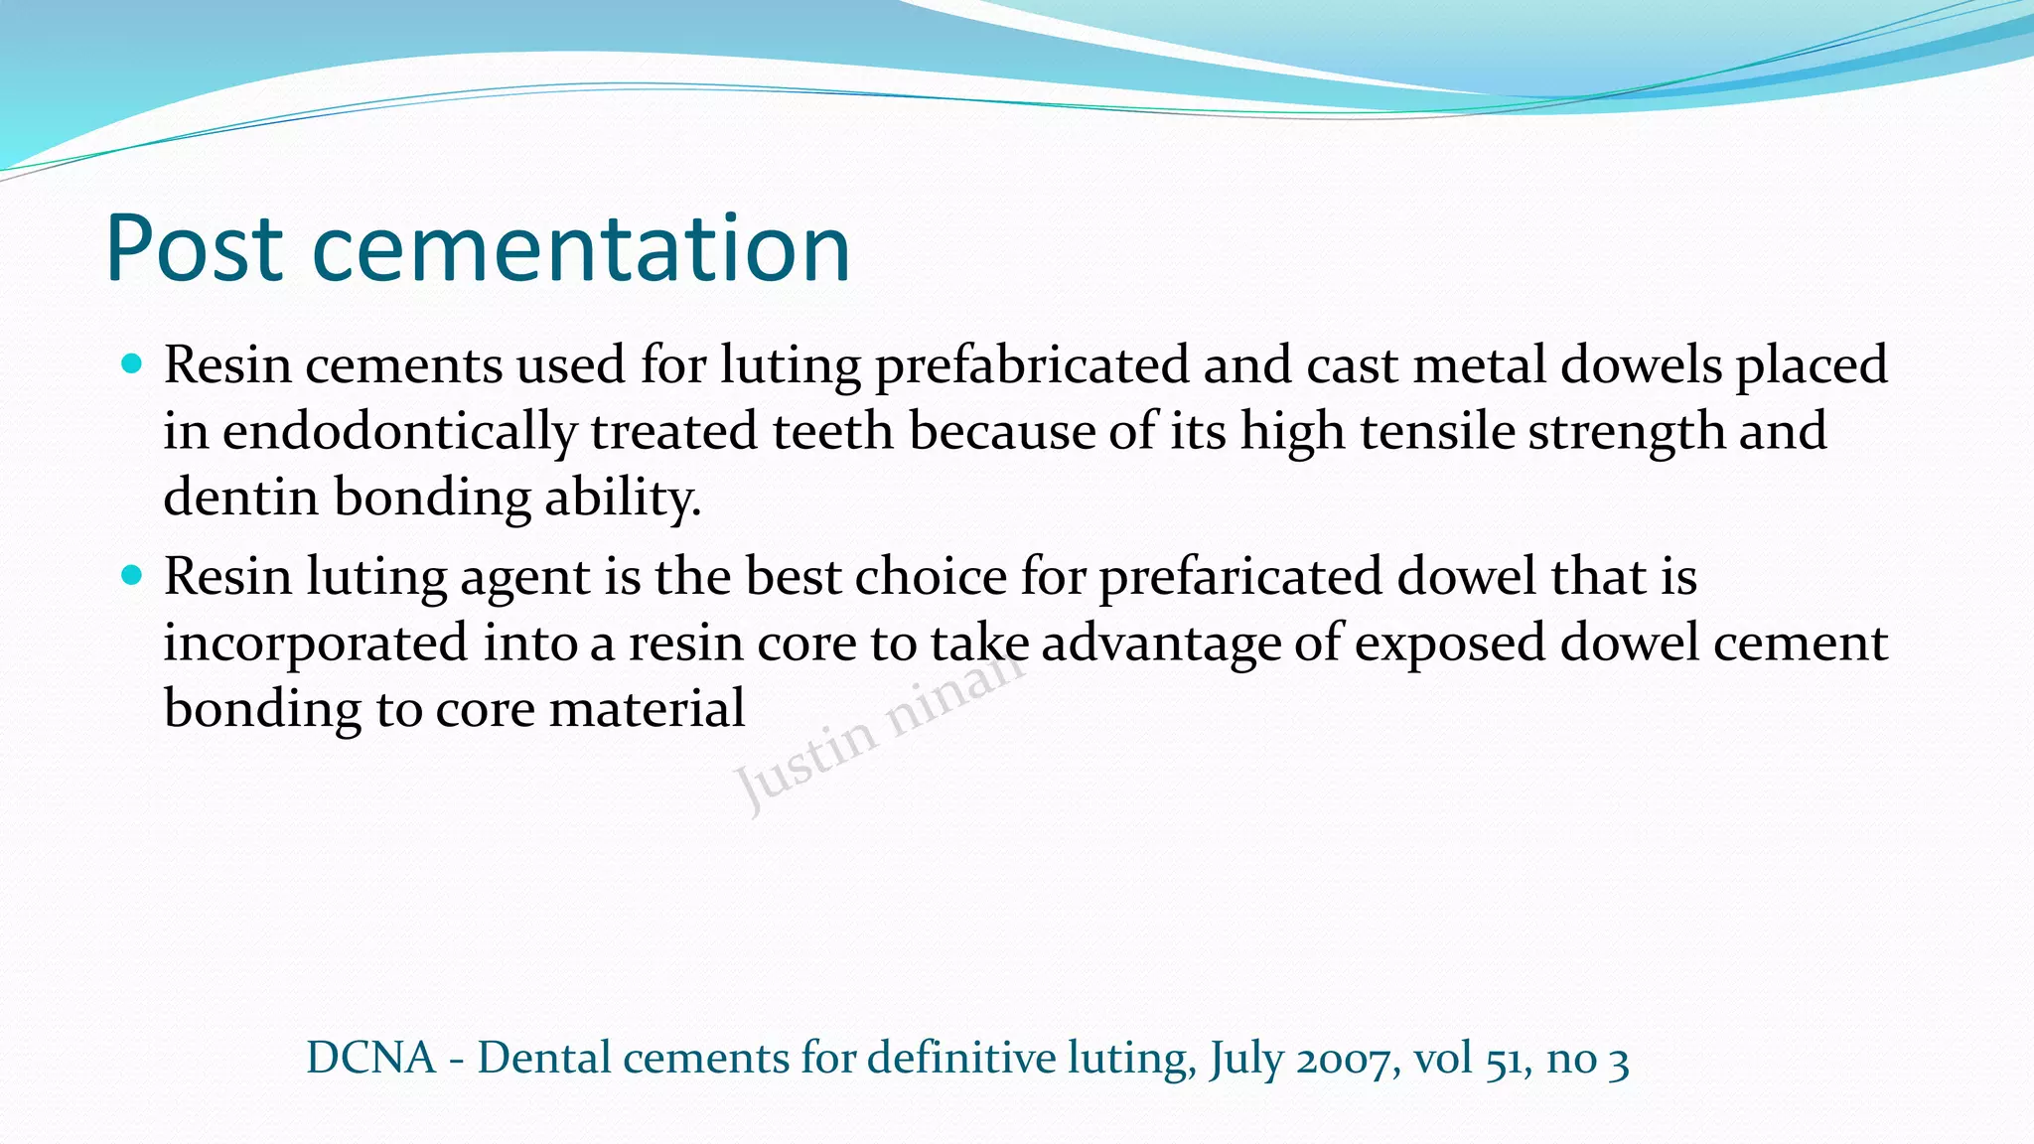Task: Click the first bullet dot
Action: [x=131, y=363]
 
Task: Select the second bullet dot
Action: [x=131, y=575]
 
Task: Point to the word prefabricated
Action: [x=1031, y=365]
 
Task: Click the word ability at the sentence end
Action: [x=622, y=498]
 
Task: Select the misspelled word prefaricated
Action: [x=1239, y=577]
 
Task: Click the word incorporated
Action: [x=315, y=643]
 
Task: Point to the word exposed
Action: [x=1449, y=643]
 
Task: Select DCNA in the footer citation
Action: [x=371, y=1058]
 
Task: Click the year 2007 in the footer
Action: [x=1348, y=1059]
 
